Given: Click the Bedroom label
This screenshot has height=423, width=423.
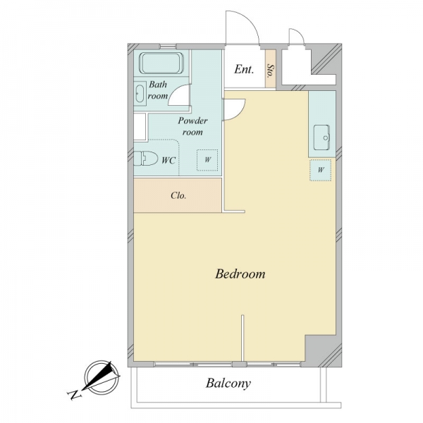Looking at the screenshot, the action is [x=240, y=274].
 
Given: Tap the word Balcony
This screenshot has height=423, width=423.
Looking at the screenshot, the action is [x=228, y=384].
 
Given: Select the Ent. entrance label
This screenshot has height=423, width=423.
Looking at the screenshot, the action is [x=244, y=69].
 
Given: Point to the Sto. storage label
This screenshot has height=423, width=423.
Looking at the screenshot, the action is [x=270, y=70].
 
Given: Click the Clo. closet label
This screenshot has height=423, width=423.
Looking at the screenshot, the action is [x=178, y=195].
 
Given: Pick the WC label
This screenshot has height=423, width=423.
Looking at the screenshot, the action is [x=168, y=161].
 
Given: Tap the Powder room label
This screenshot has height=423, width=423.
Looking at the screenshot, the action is [x=192, y=126].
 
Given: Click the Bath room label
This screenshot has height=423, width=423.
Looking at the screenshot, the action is [x=158, y=90].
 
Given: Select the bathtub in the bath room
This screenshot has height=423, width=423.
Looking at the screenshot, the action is [x=161, y=63].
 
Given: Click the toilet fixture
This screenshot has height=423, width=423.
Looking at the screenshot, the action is [x=146, y=159].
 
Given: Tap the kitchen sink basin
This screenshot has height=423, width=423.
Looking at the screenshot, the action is [x=321, y=137].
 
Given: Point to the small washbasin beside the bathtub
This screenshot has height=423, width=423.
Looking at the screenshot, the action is [x=140, y=93].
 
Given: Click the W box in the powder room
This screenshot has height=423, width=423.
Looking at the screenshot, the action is [x=207, y=160].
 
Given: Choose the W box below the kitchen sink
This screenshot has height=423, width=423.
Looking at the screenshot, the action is [x=321, y=170].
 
